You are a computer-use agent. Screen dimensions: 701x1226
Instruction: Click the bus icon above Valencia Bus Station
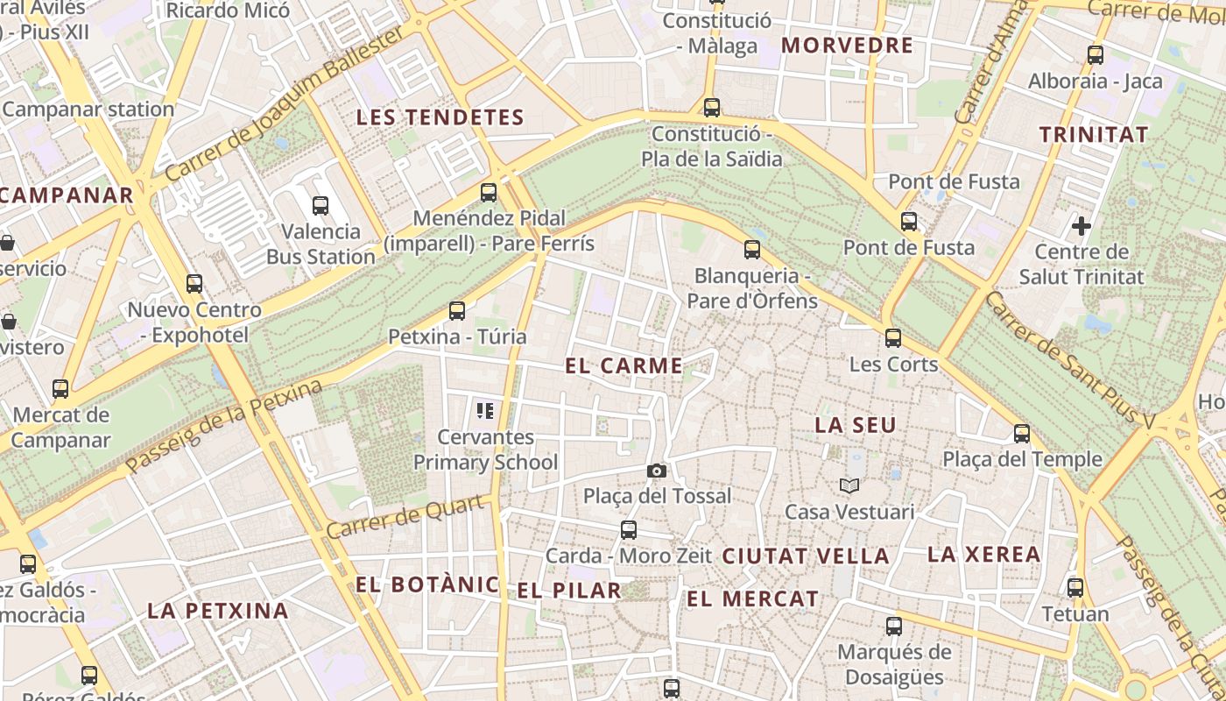click(x=321, y=206)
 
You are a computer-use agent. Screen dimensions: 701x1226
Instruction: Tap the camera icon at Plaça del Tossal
click(x=656, y=471)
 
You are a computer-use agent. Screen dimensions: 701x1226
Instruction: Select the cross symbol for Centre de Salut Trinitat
click(x=1082, y=226)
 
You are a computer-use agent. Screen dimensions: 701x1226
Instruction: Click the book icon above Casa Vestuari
click(x=849, y=485)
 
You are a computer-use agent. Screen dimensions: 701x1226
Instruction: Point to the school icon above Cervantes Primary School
click(x=485, y=410)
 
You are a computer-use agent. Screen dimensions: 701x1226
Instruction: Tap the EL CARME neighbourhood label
click(x=624, y=366)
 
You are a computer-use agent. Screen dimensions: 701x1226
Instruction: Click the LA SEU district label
click(x=856, y=425)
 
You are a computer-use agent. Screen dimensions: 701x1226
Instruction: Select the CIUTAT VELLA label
click(x=806, y=556)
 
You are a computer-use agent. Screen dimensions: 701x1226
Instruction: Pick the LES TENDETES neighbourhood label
click(x=440, y=117)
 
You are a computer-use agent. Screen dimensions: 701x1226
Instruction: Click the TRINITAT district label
click(x=1093, y=135)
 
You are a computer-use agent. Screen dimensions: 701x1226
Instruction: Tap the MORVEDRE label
click(x=847, y=46)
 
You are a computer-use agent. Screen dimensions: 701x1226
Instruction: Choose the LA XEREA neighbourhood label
click(x=983, y=554)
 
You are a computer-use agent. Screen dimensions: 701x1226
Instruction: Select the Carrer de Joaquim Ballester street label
click(x=285, y=103)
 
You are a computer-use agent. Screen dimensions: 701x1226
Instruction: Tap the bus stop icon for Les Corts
click(x=893, y=337)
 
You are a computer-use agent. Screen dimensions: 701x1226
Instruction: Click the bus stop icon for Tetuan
click(x=1075, y=588)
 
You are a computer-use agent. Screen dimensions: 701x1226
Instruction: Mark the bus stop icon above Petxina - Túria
click(x=456, y=310)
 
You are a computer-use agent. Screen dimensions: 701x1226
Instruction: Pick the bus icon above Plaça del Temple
click(x=1021, y=433)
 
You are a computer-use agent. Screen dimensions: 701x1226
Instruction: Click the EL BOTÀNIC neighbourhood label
click(x=427, y=584)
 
